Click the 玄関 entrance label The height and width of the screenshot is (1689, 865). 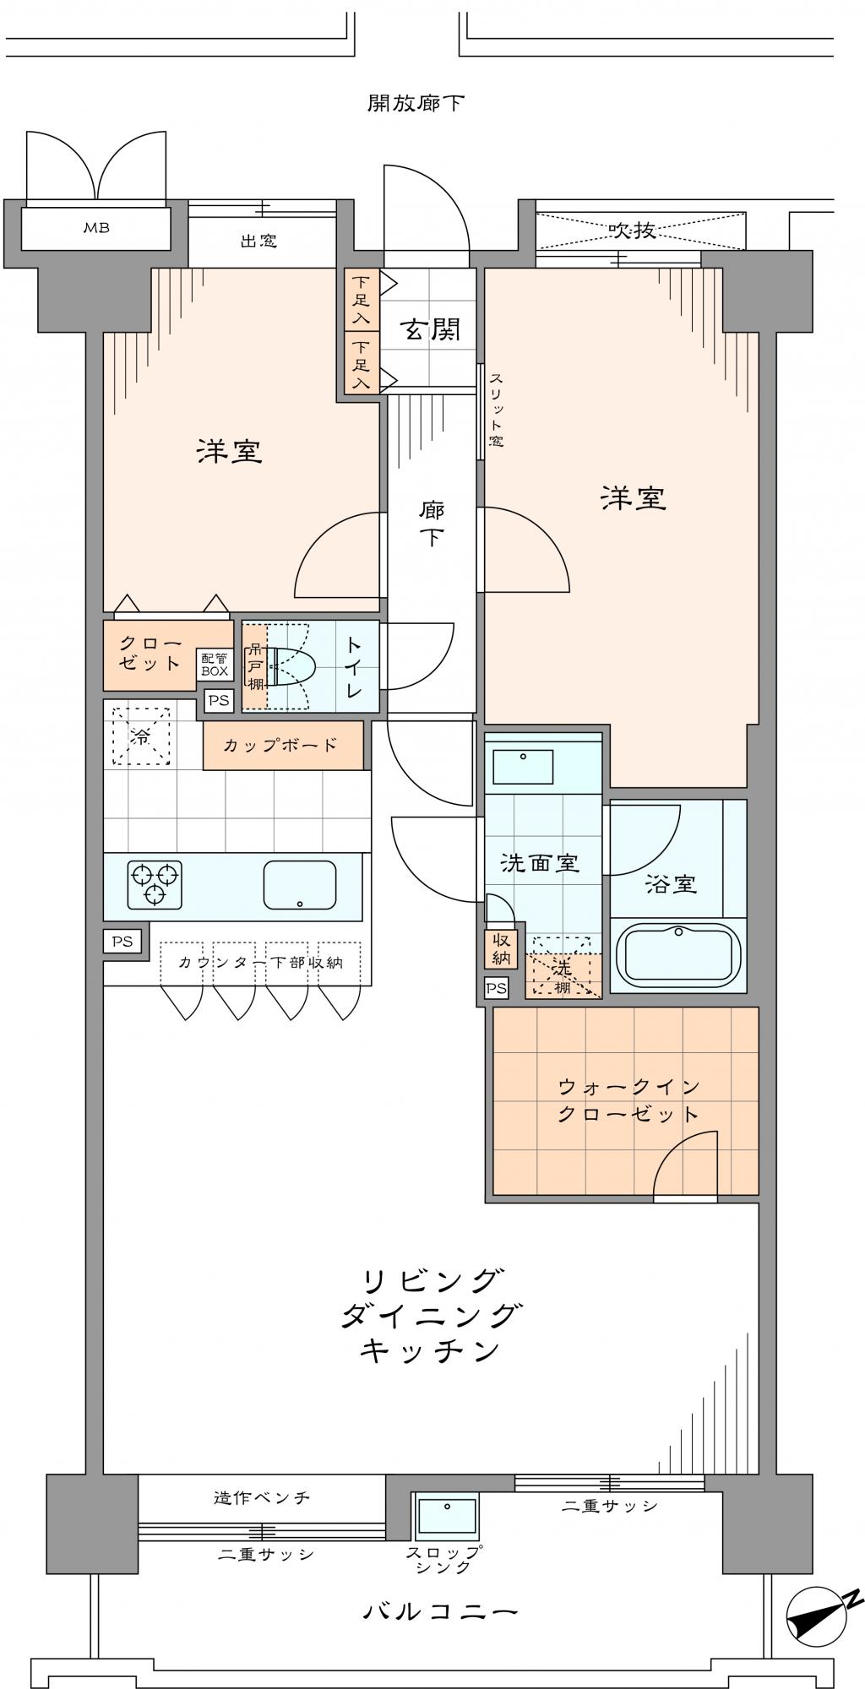click(x=430, y=329)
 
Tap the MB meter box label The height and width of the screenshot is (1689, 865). click(x=95, y=227)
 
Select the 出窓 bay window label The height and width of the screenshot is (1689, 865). click(x=258, y=242)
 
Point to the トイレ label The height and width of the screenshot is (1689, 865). click(x=354, y=666)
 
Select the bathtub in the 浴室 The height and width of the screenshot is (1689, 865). click(x=679, y=953)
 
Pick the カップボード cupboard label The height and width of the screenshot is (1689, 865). click(x=280, y=745)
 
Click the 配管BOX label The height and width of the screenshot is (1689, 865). click(x=215, y=665)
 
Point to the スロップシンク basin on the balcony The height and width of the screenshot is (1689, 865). click(x=446, y=1516)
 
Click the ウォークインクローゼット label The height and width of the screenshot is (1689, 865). click(x=628, y=1100)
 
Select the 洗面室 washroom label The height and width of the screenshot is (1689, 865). click(x=539, y=863)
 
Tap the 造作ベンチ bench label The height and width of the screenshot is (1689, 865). click(x=261, y=1497)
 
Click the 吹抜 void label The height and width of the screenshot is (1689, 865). click(x=633, y=230)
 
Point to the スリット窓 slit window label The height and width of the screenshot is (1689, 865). click(x=496, y=410)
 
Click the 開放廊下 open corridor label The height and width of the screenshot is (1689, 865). click(x=416, y=103)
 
